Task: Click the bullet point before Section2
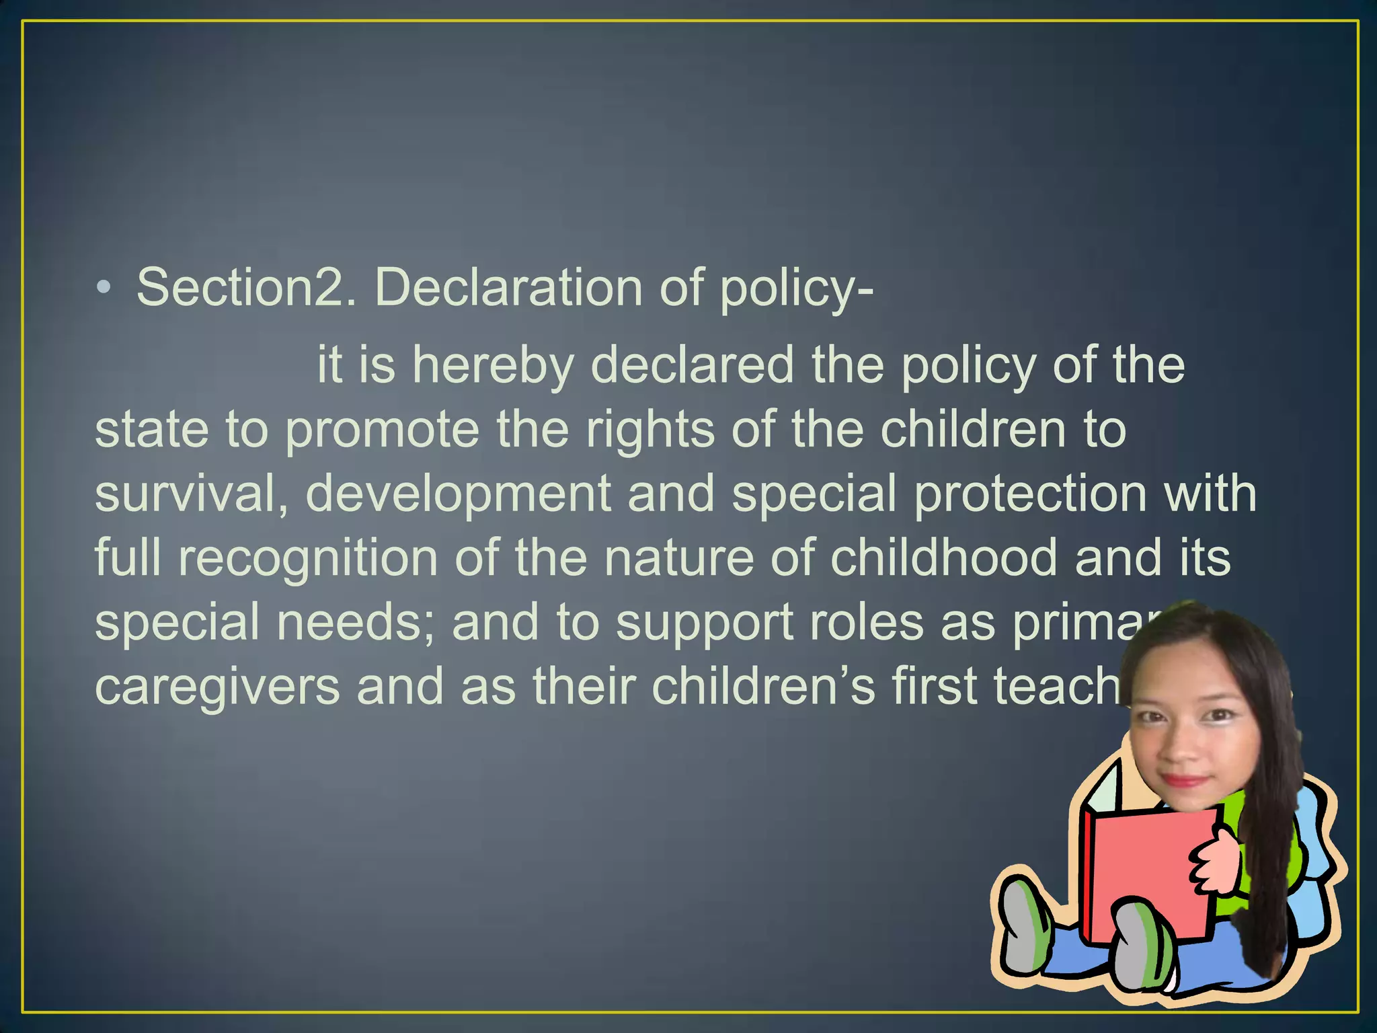tap(103, 288)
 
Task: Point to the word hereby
tap(493, 366)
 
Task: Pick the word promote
tap(382, 430)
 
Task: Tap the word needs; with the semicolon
tap(356, 623)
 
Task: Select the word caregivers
tap(217, 687)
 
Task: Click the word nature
tap(679, 558)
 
